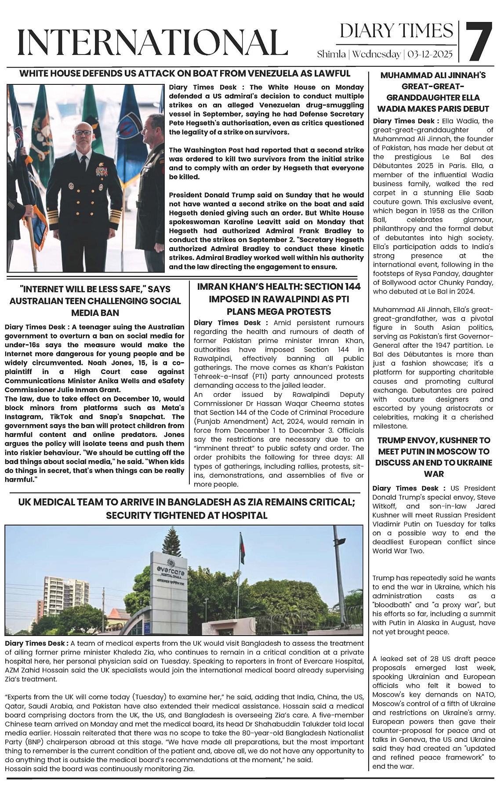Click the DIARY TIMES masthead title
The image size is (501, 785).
[396, 31]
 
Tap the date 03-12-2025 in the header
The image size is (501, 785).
[430, 55]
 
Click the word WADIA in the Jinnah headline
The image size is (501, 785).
[392, 109]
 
